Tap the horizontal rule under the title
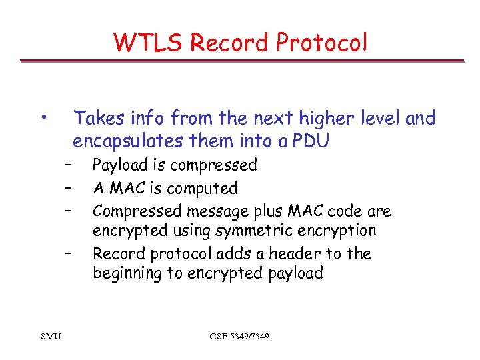pyautogui.click(x=241, y=61)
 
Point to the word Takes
pyautogui.click(x=98, y=119)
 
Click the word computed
pyautogui.click(x=204, y=189)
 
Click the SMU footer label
pyautogui.click(x=51, y=337)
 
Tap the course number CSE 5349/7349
pyautogui.click(x=239, y=337)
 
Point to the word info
pyautogui.click(x=147, y=119)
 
